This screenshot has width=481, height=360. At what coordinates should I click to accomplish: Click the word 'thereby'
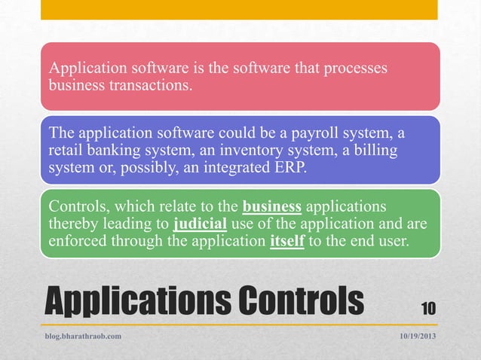[x=72, y=224]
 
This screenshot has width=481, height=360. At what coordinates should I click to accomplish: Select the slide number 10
[x=427, y=307]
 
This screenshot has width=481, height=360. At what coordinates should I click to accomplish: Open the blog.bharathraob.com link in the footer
[x=84, y=336]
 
